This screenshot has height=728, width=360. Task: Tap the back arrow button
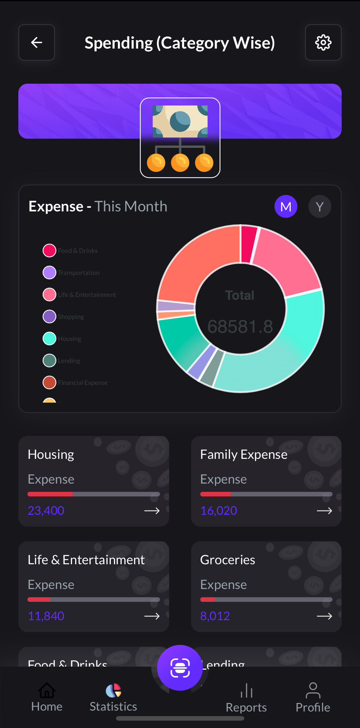pyautogui.click(x=37, y=42)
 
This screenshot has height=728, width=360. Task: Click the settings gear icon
pyautogui.click(x=323, y=42)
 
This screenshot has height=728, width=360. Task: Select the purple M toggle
pyautogui.click(x=286, y=207)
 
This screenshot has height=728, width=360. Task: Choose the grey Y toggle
pyautogui.click(x=320, y=207)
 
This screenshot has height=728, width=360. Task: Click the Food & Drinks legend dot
pyautogui.click(x=49, y=251)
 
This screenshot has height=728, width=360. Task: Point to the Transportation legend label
pyautogui.click(x=79, y=273)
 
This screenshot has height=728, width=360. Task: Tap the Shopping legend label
pyautogui.click(x=71, y=317)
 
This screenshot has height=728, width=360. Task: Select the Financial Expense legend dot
pyautogui.click(x=49, y=382)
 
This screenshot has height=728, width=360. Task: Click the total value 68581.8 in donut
pyautogui.click(x=240, y=327)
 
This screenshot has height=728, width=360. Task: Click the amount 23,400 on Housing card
pyautogui.click(x=46, y=510)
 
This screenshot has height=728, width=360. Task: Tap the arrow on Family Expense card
pyautogui.click(x=324, y=511)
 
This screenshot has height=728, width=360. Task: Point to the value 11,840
pyautogui.click(x=46, y=616)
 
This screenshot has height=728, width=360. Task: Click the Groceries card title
pyautogui.click(x=227, y=560)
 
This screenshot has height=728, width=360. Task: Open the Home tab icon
pyautogui.click(x=47, y=690)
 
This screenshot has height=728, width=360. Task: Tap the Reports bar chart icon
pyautogui.click(x=246, y=690)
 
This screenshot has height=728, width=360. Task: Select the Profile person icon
pyautogui.click(x=313, y=690)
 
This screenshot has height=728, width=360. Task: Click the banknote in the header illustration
pyautogui.click(x=180, y=121)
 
